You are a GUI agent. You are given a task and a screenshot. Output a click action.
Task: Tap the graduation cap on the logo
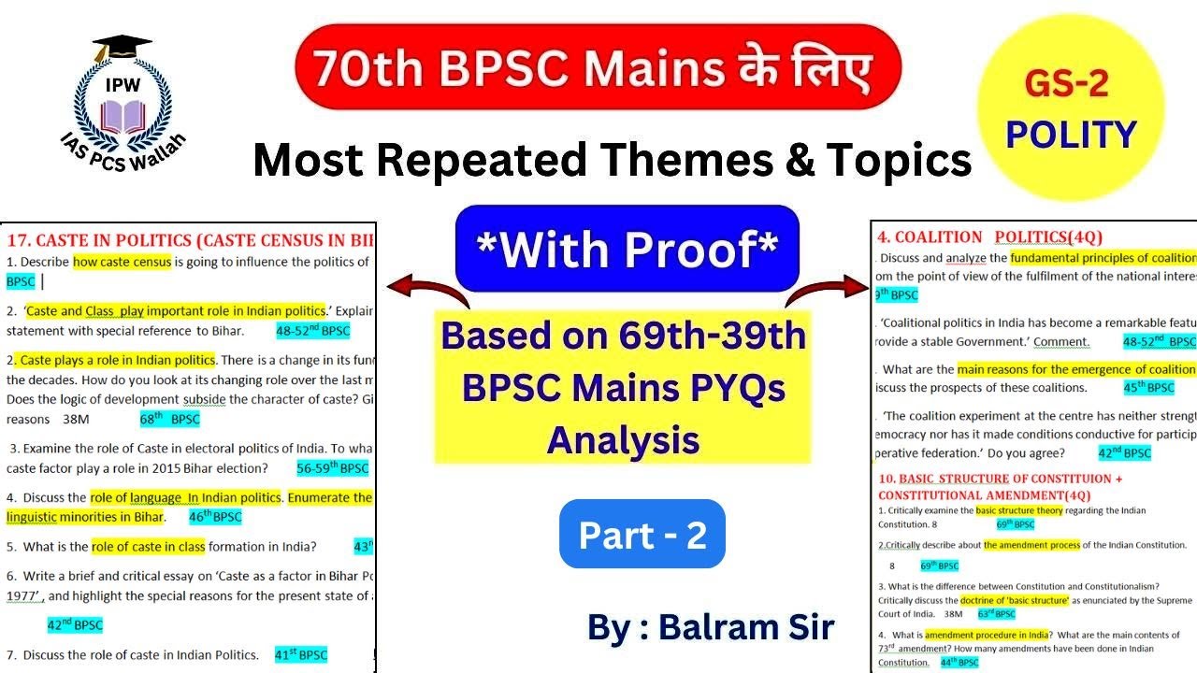(x=123, y=47)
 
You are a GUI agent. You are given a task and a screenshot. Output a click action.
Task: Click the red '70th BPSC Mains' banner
(x=598, y=67)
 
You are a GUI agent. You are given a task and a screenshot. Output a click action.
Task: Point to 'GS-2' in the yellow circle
(x=1066, y=84)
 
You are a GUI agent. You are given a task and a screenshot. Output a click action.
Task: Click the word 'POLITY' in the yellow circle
(x=1071, y=135)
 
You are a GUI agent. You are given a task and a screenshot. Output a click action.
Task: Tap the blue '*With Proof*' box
(x=627, y=249)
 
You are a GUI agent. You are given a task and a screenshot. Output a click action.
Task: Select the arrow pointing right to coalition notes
(x=828, y=290)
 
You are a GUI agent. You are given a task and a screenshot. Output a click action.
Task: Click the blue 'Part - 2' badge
(x=642, y=535)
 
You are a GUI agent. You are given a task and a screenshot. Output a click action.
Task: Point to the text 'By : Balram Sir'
(x=710, y=626)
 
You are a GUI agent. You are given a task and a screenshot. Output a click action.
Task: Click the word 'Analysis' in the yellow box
(x=623, y=437)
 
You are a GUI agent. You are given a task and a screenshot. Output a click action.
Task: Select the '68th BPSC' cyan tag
(x=170, y=420)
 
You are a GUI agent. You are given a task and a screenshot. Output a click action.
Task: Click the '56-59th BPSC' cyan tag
(x=332, y=468)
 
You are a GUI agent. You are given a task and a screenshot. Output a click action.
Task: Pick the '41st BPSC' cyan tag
(x=301, y=655)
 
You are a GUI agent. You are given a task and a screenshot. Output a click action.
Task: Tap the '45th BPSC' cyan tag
(x=1147, y=388)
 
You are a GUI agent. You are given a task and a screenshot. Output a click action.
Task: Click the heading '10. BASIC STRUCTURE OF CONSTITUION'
(x=1000, y=479)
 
